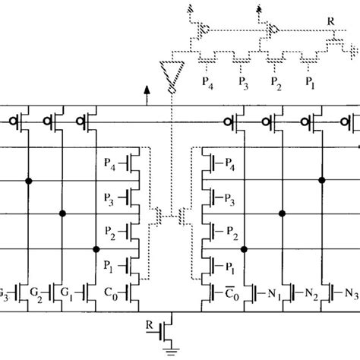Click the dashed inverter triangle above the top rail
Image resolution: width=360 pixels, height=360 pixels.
(x=169, y=76)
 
